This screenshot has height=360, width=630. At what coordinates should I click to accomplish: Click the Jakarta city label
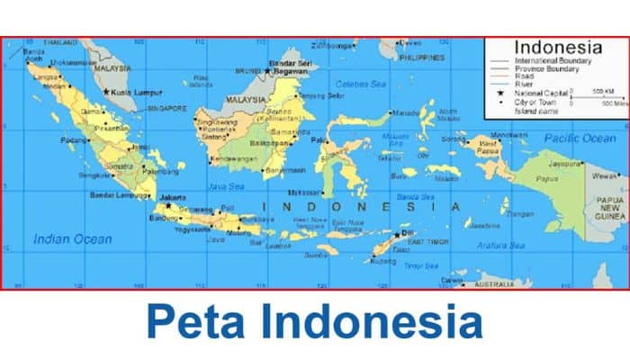coord(173,196)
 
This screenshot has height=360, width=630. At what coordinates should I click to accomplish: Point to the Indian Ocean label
coord(73,238)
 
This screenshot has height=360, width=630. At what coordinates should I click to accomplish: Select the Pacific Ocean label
coord(580,138)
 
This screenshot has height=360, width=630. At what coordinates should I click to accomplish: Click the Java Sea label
coord(226,186)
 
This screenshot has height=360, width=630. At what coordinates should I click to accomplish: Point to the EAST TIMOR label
coord(428,242)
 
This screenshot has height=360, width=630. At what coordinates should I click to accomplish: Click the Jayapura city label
coord(563,165)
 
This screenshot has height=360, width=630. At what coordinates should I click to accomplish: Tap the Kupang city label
coord(382,261)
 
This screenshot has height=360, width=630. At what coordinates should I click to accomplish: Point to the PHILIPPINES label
coord(422,58)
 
